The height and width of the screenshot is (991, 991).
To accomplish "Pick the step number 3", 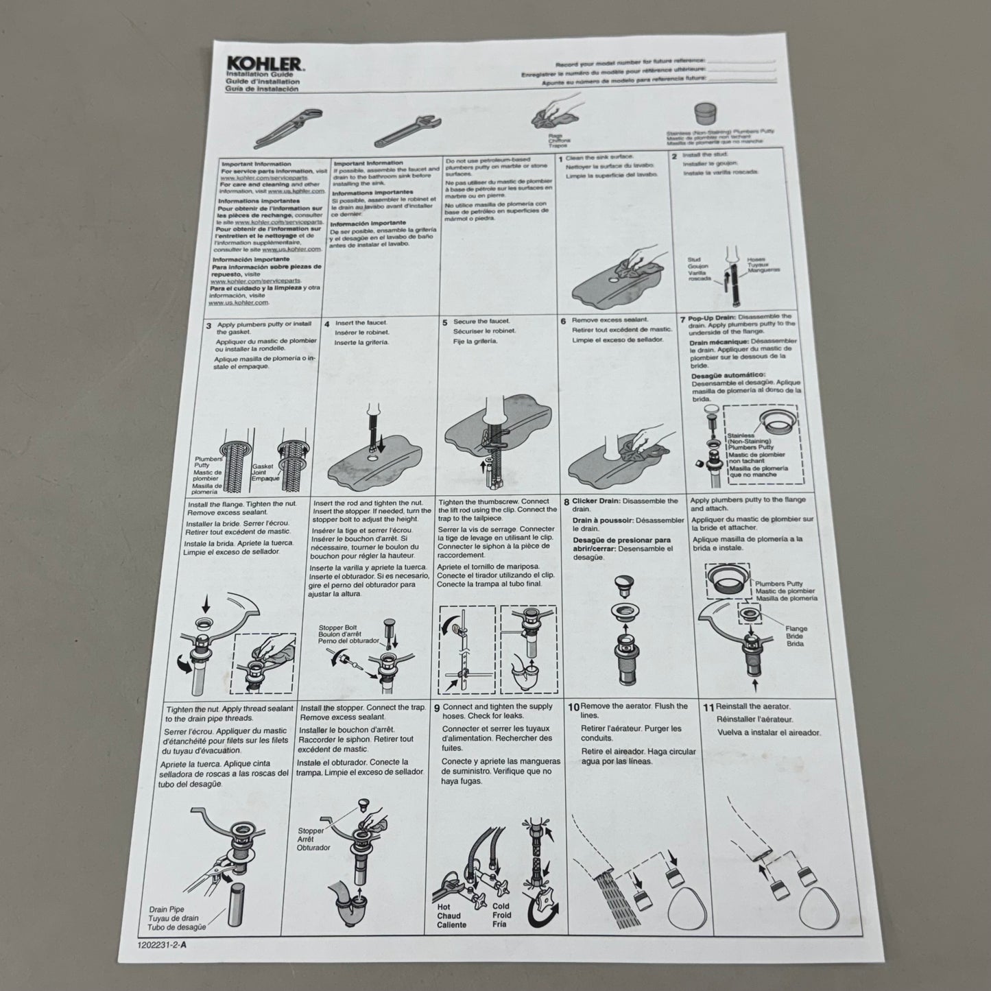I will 208,326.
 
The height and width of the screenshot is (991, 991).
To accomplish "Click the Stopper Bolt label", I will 337,628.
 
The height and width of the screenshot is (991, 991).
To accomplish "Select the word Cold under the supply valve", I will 502,906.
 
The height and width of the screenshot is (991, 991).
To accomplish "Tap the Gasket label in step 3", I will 263,466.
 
